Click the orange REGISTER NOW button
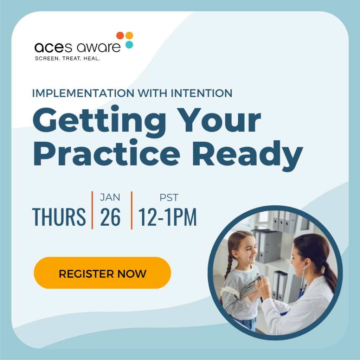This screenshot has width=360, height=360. point(102,273)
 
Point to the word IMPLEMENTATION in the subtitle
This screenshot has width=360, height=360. point(83,93)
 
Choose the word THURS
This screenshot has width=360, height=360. point(59,217)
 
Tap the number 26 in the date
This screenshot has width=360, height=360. point(110,217)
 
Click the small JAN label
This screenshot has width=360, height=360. point(110,198)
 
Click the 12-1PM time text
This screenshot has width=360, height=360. point(167,217)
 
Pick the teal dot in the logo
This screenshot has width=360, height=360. point(129,45)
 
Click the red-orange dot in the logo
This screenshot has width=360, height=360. point(120,36)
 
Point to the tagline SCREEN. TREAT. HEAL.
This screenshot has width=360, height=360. point(67,58)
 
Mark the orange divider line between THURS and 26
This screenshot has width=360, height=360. point(92,210)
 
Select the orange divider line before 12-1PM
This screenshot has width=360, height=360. point(132,210)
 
